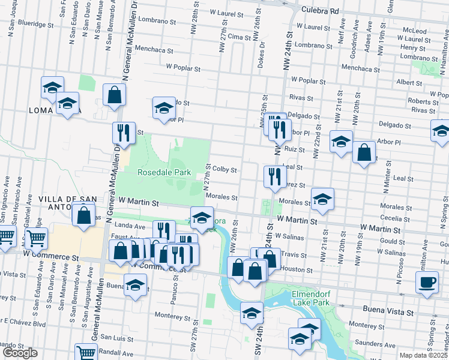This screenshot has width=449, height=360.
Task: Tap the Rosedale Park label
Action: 164,172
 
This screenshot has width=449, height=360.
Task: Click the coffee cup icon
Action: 427,281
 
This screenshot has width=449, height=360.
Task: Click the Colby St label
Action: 226,170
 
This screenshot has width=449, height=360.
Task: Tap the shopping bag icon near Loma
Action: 114,94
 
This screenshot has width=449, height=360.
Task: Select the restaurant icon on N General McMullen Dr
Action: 123,132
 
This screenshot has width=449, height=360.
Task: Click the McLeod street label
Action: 414,31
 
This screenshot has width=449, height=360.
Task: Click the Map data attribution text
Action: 424,355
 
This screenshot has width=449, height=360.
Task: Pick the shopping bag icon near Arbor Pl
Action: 364,152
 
